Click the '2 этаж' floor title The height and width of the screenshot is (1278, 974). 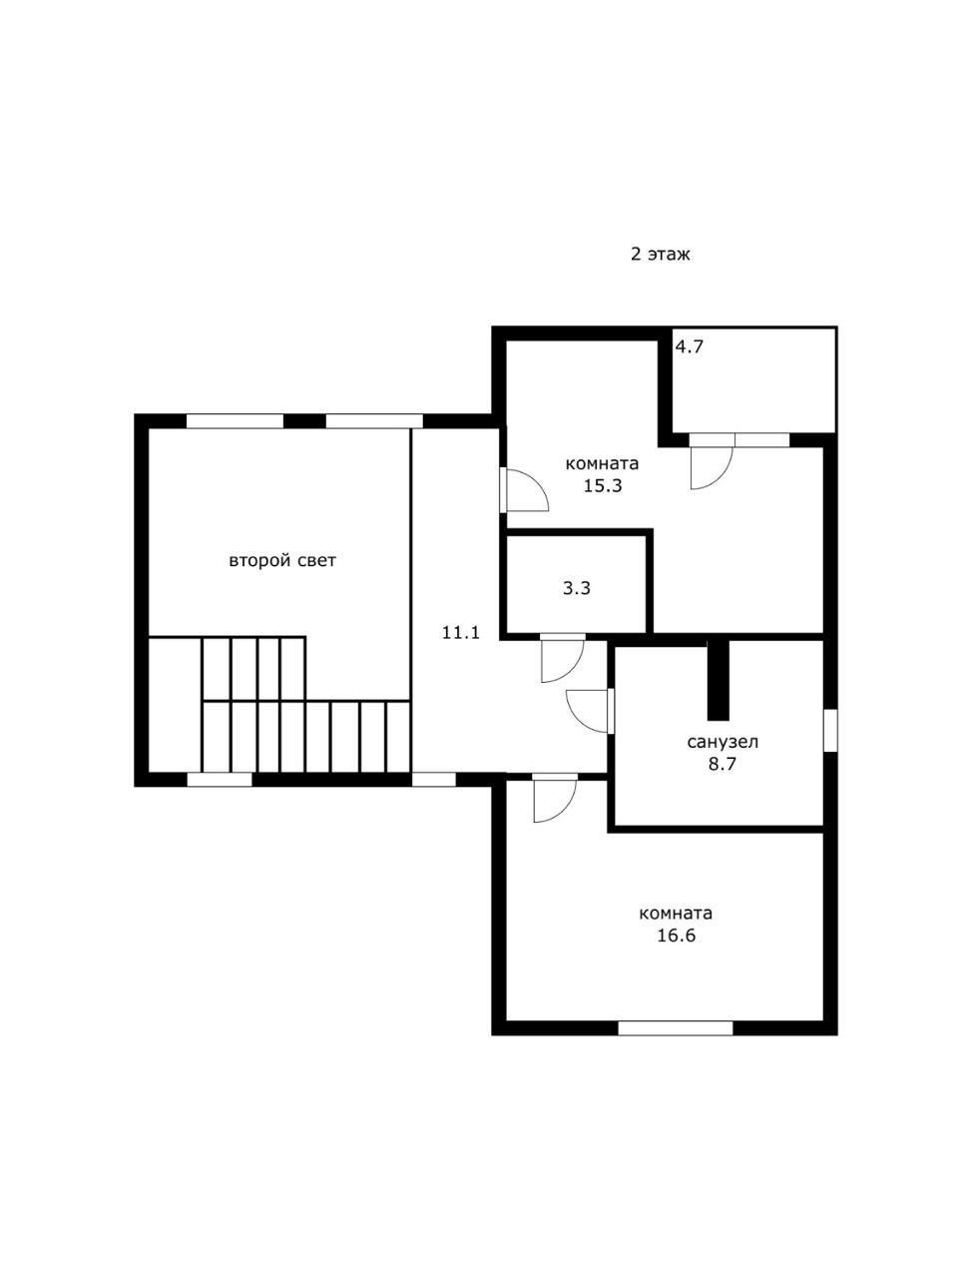coord(660,255)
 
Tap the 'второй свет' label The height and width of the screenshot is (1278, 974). coord(282,561)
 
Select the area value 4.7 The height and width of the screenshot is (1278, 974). coord(690,347)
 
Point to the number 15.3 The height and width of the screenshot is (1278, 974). coord(603,485)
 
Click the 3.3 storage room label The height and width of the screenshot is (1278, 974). coord(577,589)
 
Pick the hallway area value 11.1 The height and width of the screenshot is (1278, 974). coord(461,633)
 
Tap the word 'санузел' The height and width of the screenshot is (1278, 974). coord(724,743)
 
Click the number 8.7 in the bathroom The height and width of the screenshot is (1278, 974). coord(723,764)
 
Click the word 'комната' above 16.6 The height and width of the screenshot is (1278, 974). coord(676,914)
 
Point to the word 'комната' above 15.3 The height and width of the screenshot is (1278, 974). coord(602,464)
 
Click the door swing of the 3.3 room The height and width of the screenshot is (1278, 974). coord(562,660)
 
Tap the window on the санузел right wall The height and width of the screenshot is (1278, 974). coord(831,730)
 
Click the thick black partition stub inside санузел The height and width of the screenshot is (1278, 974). coord(718,680)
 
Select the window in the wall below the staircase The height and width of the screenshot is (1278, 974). coord(220,780)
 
